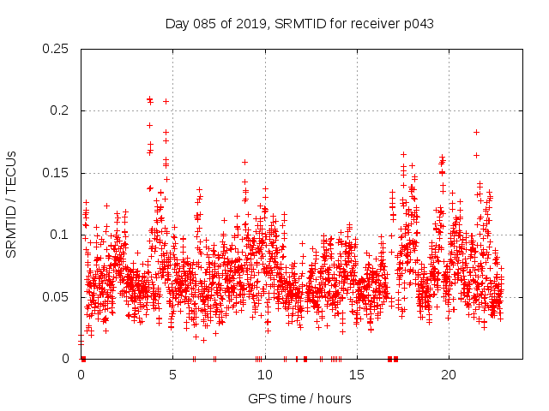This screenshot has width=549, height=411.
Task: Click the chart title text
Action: click(x=299, y=24)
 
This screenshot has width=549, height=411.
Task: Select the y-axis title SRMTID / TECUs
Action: click(x=12, y=204)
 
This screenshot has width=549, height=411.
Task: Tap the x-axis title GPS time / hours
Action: click(x=299, y=398)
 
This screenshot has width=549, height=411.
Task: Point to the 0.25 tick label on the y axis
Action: click(x=57, y=49)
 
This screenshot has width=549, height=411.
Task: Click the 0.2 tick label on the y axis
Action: click(x=61, y=110)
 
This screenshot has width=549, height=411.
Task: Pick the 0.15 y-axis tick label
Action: click(x=57, y=173)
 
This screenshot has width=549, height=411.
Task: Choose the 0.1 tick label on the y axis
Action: click(x=61, y=235)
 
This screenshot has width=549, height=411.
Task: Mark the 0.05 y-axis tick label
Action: click(x=57, y=297)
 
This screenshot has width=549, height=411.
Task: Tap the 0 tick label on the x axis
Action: click(x=81, y=375)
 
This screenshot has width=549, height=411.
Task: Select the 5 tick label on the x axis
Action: click(x=173, y=375)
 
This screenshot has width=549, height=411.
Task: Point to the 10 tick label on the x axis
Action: click(x=265, y=375)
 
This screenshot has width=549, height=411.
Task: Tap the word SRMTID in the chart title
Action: click(x=297, y=24)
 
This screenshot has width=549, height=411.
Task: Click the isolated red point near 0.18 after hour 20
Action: click(x=476, y=132)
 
